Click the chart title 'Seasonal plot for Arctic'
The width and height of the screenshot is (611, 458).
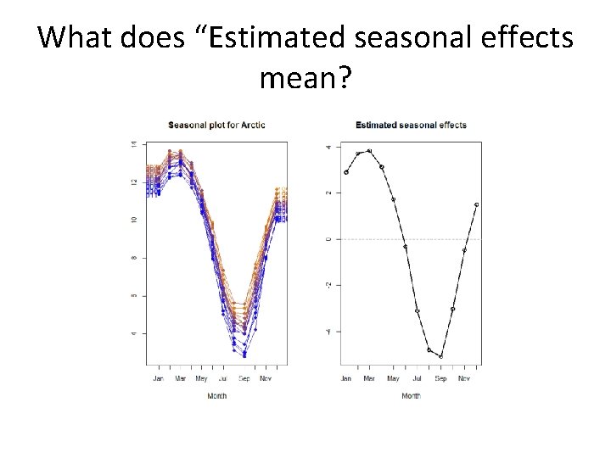[x=216, y=126]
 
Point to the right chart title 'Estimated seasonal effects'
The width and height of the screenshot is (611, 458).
[x=411, y=126]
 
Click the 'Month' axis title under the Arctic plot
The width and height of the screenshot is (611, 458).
[x=216, y=396]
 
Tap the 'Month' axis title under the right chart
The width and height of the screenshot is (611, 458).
[x=411, y=396]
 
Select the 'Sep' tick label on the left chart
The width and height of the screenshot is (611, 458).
[x=244, y=378]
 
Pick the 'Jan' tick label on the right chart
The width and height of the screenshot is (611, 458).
[x=345, y=378]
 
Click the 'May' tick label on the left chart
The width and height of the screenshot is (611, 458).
[x=201, y=378]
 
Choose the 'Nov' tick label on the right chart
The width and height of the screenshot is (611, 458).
[x=464, y=378]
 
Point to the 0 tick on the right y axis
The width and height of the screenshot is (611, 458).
[x=328, y=239]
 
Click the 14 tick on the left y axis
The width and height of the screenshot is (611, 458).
[x=133, y=145]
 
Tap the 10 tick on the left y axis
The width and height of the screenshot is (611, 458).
[x=133, y=220]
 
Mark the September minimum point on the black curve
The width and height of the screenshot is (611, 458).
[x=440, y=356]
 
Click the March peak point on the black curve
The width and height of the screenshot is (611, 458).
[x=369, y=151]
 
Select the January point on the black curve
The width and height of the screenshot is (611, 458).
[x=346, y=172]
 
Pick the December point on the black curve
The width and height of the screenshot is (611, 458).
[x=476, y=204]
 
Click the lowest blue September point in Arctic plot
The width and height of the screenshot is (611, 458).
[x=244, y=355]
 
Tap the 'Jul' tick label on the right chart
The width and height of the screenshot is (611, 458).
[x=417, y=378]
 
